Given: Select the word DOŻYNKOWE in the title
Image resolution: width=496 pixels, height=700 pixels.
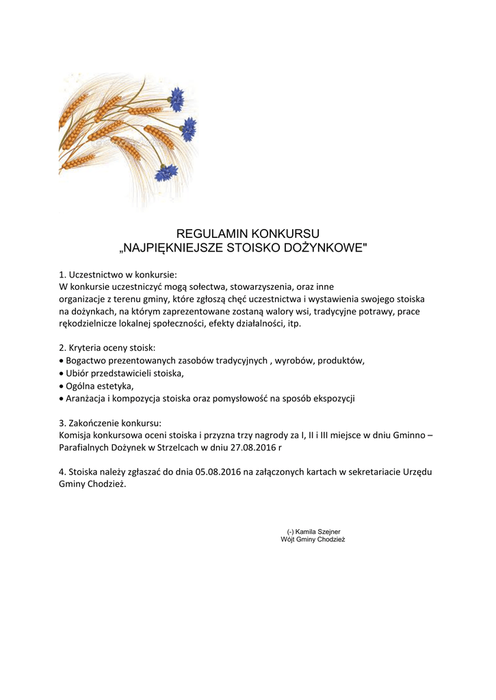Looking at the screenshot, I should click(x=329, y=247).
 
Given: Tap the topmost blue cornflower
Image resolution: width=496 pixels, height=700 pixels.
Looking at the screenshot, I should click(x=177, y=99).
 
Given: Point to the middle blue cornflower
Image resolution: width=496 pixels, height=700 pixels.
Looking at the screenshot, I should click(x=189, y=129).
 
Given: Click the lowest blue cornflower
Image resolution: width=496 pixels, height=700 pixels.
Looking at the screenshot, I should click(x=166, y=172).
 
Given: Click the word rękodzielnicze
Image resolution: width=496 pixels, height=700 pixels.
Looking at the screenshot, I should click(x=90, y=323).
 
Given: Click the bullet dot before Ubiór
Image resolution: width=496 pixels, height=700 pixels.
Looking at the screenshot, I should click(x=62, y=373).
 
